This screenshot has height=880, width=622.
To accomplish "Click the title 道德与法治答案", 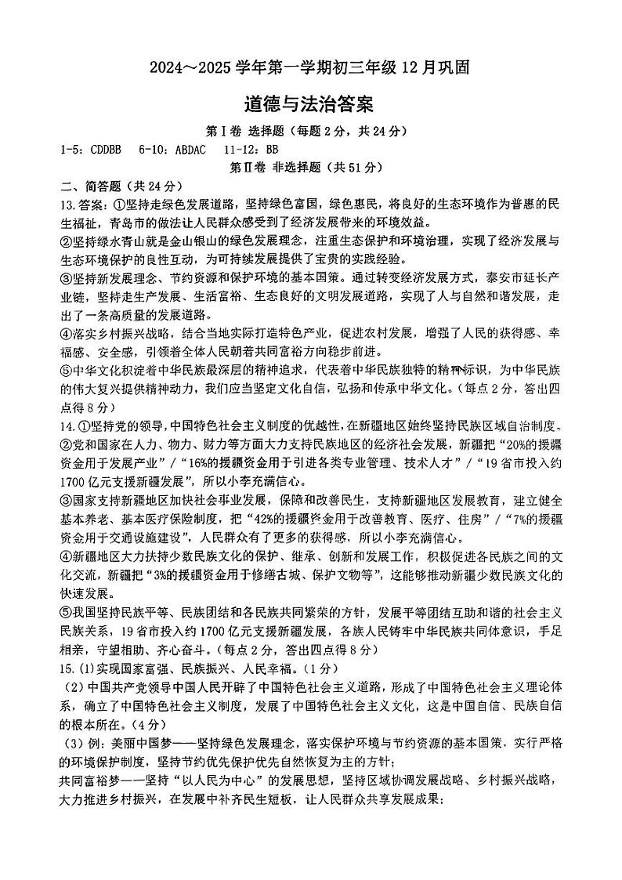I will coord(310,104).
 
